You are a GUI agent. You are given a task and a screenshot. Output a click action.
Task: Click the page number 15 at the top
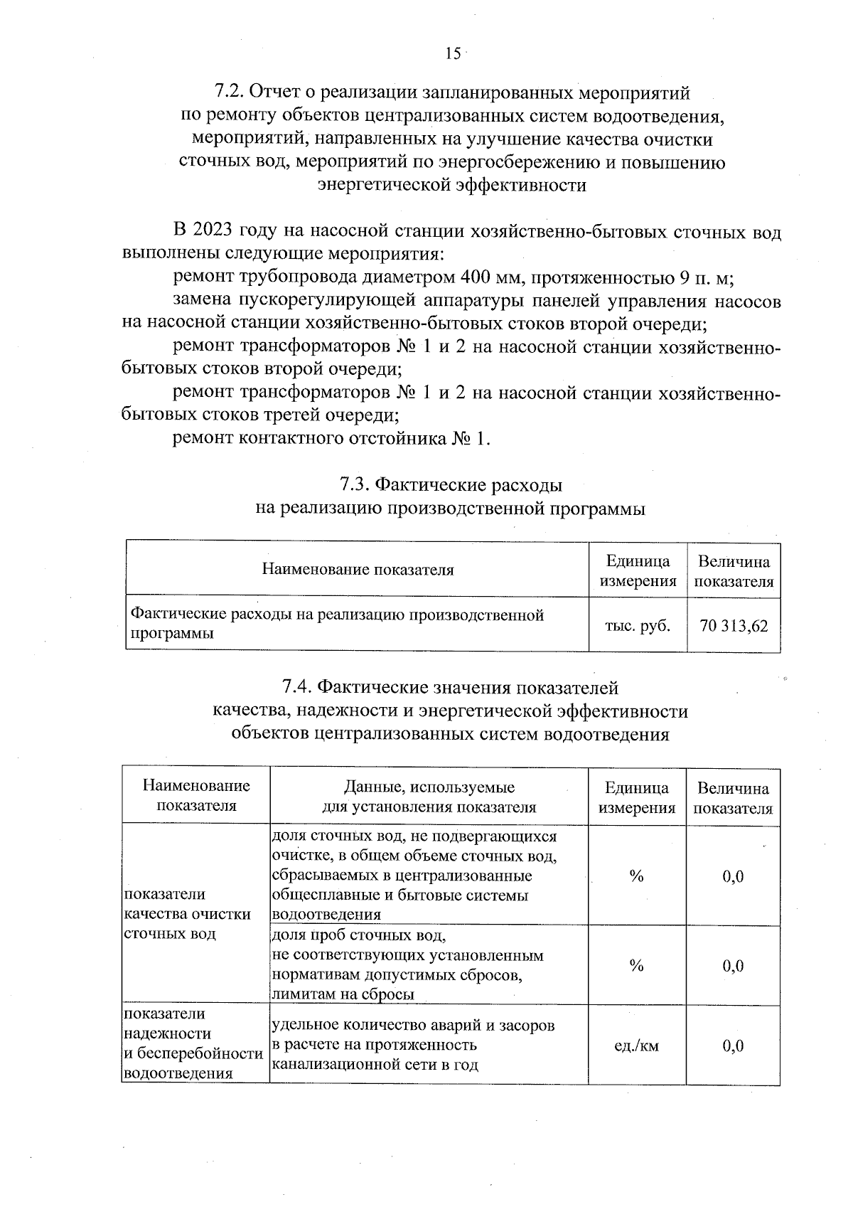point(453,53)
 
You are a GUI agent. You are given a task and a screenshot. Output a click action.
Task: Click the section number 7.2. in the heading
point(229,93)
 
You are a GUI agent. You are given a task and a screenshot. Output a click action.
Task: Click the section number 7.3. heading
point(355,485)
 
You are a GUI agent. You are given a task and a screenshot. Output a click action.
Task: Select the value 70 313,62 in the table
point(734,626)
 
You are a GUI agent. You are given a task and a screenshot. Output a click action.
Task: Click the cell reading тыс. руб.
point(637,626)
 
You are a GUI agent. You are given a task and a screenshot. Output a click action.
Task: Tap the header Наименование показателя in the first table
point(358,570)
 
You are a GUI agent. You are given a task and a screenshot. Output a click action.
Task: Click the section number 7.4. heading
point(297,688)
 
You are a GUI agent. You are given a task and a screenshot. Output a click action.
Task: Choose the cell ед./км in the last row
point(636,1046)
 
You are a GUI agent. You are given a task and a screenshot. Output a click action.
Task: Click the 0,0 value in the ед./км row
point(733,1046)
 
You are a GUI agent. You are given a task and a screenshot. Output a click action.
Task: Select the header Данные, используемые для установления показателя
point(429,797)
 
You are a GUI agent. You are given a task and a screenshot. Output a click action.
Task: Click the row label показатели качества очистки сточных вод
point(187,914)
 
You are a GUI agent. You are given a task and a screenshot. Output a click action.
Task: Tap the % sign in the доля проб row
point(636,966)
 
